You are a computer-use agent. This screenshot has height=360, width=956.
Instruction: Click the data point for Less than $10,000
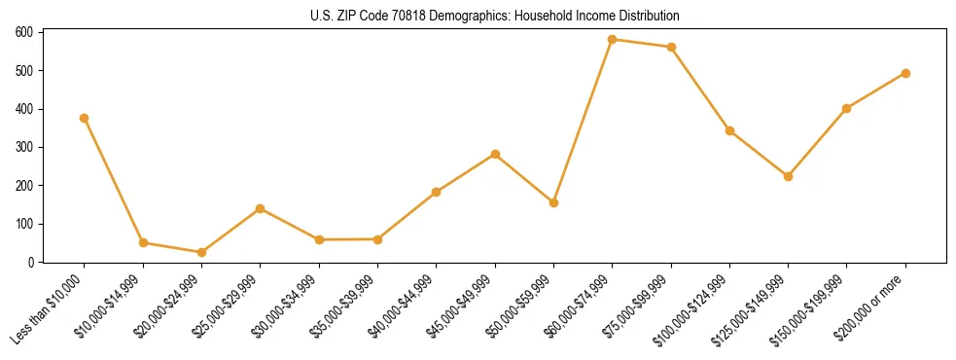click(85, 118)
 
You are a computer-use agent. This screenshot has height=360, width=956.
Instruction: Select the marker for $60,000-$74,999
click(612, 40)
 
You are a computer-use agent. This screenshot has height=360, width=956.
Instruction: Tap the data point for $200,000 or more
click(905, 73)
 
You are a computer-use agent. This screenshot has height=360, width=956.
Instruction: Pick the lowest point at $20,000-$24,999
click(201, 252)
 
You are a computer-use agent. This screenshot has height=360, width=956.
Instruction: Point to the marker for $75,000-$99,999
click(671, 47)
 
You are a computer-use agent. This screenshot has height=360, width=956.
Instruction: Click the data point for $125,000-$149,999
click(788, 176)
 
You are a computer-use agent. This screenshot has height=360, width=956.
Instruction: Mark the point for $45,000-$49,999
click(495, 154)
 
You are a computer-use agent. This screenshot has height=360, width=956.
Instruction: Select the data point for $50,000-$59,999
click(553, 202)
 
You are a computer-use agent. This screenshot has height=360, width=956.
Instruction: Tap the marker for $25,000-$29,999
click(260, 208)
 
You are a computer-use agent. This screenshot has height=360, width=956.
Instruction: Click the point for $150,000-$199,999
click(846, 108)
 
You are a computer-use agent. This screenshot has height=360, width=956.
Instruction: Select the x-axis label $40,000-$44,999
click(402, 307)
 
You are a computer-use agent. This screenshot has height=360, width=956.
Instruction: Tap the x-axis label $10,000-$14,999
click(108, 307)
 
